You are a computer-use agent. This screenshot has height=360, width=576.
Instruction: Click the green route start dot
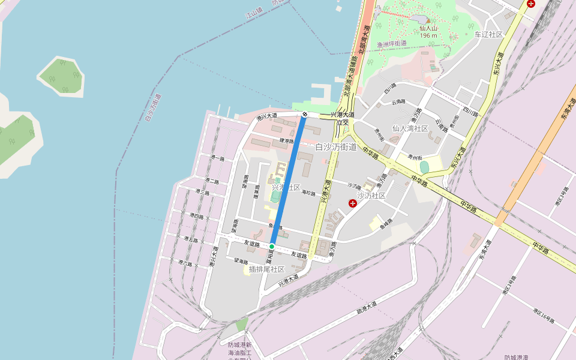click(x=272, y=247)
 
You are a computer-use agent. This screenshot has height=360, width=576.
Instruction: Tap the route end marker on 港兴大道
click(x=305, y=114)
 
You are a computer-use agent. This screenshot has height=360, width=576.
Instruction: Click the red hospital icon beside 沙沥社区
click(x=353, y=203)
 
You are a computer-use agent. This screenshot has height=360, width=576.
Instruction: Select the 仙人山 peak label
click(x=429, y=28)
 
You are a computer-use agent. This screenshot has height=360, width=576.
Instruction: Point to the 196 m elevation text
click(x=429, y=35)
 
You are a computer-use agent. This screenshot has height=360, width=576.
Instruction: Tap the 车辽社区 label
click(x=488, y=34)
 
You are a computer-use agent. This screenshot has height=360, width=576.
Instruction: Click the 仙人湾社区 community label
click(x=410, y=128)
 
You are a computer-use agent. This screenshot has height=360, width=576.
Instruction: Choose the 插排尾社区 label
click(x=266, y=269)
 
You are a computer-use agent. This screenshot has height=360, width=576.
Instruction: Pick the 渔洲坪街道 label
click(x=392, y=44)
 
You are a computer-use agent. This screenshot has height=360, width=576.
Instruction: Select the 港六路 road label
click(x=185, y=263)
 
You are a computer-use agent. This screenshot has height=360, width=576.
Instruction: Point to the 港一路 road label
click(x=217, y=158)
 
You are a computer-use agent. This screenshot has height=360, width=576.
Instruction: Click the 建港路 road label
click(x=287, y=140)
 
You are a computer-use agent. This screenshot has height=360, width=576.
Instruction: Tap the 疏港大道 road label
click(x=367, y=307)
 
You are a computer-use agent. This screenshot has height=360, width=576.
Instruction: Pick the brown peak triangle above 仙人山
click(x=429, y=20)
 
